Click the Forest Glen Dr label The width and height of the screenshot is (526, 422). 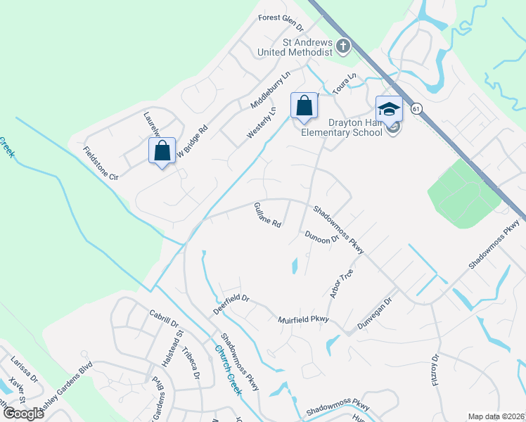(280, 23)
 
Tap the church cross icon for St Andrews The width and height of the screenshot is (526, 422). (343, 46)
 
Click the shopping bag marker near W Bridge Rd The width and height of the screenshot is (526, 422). (162, 151)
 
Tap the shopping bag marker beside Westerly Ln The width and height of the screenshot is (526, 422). (304, 107)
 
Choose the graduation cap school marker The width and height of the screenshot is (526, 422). (389, 109)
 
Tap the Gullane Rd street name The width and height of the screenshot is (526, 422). (267, 215)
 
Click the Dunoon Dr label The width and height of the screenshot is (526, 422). (321, 238)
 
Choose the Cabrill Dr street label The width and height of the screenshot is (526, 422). (165, 316)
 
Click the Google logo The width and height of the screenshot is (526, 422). (23, 413)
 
